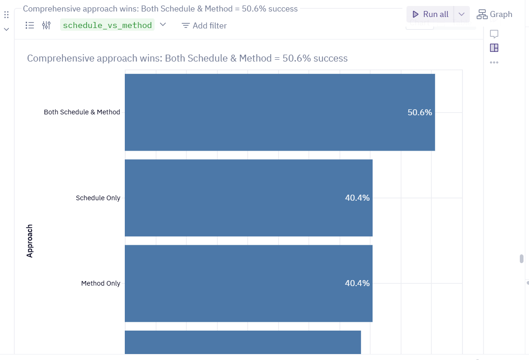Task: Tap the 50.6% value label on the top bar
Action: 420,112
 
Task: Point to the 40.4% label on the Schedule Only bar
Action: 357,198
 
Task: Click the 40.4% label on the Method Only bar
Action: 357,283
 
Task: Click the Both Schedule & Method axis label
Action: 82,112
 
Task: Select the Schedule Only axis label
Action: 98,198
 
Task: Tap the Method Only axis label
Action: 100,283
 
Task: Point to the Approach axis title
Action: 30,241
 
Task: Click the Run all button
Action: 430,14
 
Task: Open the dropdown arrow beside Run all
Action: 462,14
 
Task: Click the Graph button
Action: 495,14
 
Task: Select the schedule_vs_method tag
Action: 107,25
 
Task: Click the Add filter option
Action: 204,26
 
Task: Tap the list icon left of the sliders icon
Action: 30,25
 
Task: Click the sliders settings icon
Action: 46,25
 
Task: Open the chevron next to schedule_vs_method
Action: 163,24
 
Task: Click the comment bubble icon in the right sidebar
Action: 494,34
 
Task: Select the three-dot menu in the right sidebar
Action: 494,62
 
